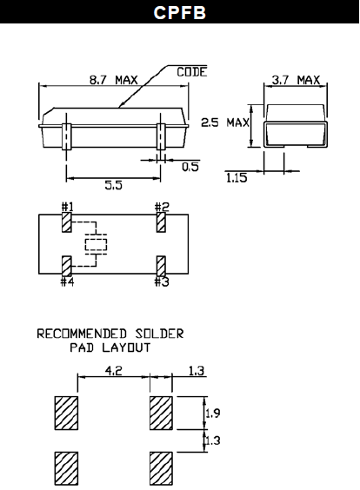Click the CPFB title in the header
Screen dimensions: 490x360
tap(179, 13)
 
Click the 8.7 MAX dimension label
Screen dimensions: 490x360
tap(114, 80)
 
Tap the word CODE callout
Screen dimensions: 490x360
tap(191, 72)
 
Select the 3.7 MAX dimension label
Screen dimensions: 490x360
tap(295, 80)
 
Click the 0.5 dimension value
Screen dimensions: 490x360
tap(190, 167)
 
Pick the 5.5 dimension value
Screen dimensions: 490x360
tap(113, 186)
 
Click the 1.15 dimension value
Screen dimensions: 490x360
tap(236, 177)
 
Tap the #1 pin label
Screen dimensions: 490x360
tap(67, 207)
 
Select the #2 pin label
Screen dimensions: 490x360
tap(161, 207)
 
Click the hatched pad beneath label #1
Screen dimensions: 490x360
tap(67, 222)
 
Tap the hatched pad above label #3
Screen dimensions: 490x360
tap(161, 265)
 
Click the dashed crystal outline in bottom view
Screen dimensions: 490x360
tap(94, 243)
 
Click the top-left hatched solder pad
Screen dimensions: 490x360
tap(65, 413)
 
